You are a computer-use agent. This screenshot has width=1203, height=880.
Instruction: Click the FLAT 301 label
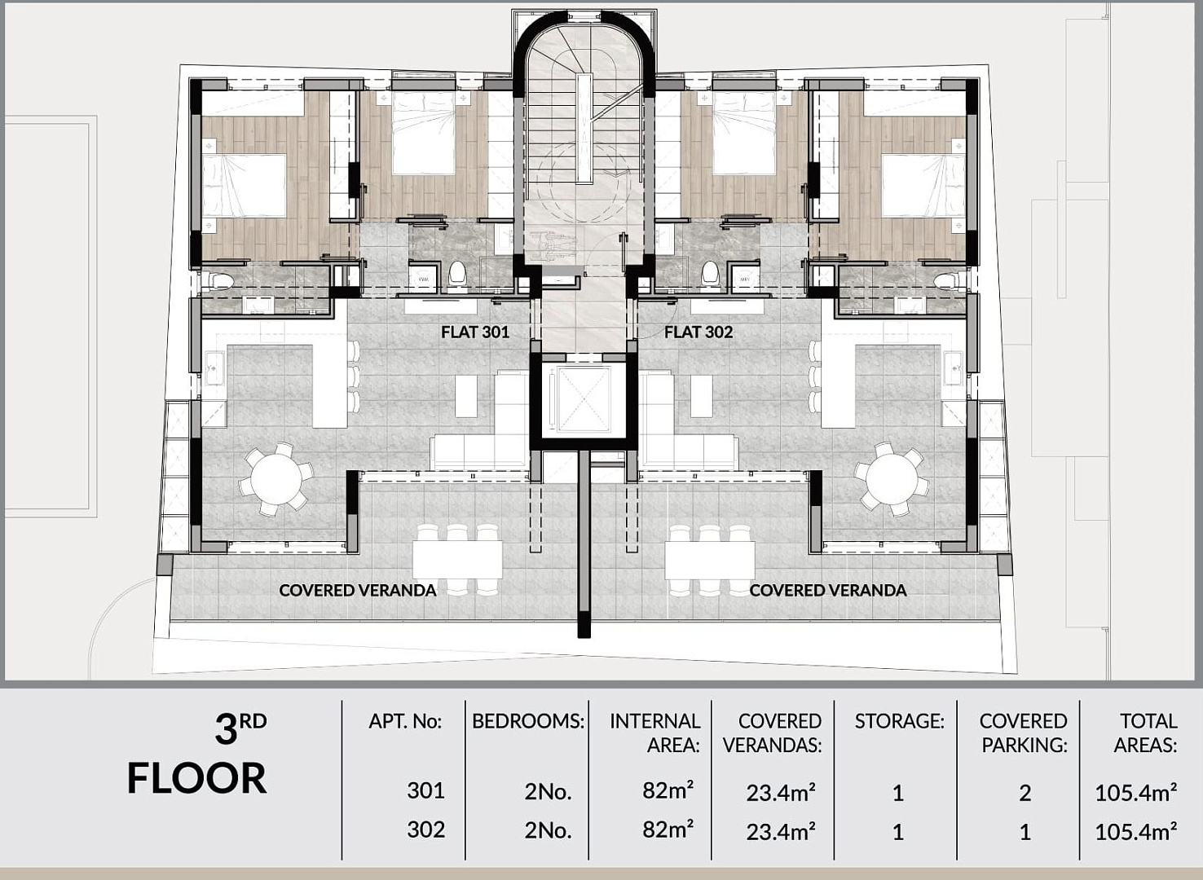pos(474,332)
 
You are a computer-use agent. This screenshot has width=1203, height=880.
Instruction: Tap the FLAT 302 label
pos(698,332)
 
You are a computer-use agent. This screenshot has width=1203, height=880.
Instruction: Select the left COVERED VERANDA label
pos(358,591)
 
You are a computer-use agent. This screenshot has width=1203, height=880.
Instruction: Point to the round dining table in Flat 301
pos(276,478)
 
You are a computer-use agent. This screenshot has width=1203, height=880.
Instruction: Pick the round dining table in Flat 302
pos(892,478)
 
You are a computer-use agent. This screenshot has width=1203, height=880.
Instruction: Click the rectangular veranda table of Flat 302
pos(709,560)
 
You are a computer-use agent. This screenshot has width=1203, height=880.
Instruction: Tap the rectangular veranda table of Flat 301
pos(457,560)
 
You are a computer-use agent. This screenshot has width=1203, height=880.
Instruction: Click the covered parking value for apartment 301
pos(1025,793)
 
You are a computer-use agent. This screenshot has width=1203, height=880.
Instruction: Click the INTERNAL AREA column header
pos(654,733)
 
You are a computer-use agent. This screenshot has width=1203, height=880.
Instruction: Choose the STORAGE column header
pos(900,721)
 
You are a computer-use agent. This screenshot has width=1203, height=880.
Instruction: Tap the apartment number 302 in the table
pos(426,829)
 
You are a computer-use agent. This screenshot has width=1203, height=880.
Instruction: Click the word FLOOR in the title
pos(196,778)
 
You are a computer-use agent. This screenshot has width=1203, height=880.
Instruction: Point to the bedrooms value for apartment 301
pos(548,793)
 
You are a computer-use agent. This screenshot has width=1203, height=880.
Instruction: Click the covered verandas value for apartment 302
pos(781,832)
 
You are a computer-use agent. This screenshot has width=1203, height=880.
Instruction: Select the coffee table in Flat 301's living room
pos(465,396)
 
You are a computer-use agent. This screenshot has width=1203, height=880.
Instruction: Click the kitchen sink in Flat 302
pos(953,367)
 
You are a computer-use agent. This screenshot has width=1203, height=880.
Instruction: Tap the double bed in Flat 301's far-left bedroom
pos(244,185)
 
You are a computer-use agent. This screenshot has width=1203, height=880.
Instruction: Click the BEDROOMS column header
pos(528,721)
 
